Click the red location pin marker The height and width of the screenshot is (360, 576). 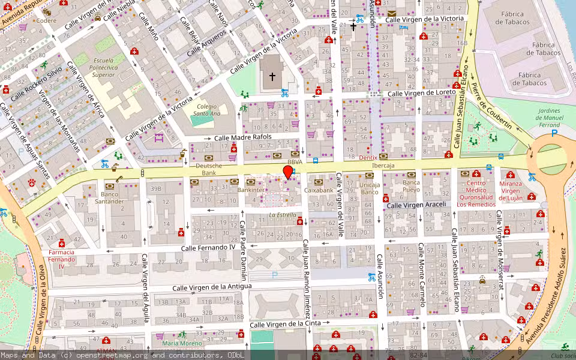(x=288, y=172)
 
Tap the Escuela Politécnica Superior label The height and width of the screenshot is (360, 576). (x=103, y=68)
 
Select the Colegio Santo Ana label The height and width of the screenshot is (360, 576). (x=207, y=109)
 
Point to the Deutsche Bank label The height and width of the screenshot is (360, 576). (x=209, y=169)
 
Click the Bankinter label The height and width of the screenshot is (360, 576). (x=251, y=190)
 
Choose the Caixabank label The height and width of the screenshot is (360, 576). (x=319, y=190)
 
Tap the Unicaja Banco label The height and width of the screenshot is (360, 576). (x=369, y=188)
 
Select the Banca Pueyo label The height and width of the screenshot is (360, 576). (x=411, y=186)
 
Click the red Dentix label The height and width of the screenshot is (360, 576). (x=368, y=157)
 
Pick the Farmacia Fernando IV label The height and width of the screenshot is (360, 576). (x=62, y=259)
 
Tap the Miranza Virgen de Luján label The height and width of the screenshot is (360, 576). (x=508, y=190)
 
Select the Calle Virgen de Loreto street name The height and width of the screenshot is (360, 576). (x=421, y=93)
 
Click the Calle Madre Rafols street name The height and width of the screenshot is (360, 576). (x=243, y=137)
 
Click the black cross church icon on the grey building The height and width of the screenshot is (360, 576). (x=272, y=77)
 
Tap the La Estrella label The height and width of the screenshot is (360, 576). (x=282, y=214)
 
